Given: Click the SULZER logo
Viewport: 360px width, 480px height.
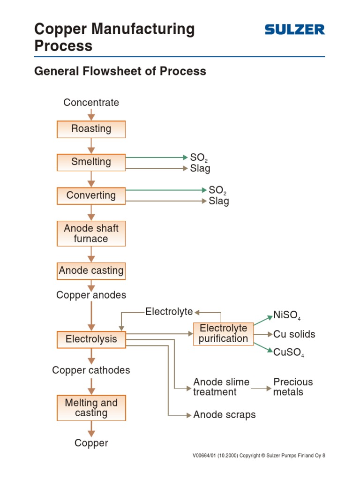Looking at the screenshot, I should (x=294, y=30).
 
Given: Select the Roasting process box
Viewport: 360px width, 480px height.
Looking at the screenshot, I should (x=91, y=129).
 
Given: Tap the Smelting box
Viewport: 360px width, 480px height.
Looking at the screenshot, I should (x=91, y=162).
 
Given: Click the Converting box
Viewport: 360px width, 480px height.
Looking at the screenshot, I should (x=91, y=195).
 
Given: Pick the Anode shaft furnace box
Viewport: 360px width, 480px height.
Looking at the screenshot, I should (x=91, y=233).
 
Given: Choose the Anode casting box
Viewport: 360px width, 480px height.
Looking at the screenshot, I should (x=91, y=270).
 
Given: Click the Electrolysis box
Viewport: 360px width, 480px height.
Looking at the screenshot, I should (x=91, y=339).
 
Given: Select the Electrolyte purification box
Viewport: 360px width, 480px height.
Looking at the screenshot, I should (x=223, y=333).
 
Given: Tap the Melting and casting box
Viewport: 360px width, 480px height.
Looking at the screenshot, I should (x=91, y=408).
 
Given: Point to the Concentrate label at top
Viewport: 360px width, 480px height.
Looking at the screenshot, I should (x=91, y=103).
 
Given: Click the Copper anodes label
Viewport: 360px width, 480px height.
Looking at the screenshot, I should (x=91, y=295).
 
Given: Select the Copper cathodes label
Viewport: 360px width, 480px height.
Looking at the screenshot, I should (x=91, y=370).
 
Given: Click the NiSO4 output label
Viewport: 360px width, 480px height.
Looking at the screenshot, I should (x=286, y=315).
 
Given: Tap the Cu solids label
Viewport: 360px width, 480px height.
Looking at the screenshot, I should (x=294, y=334).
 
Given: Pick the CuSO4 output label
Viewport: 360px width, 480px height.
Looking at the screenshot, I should (x=288, y=352).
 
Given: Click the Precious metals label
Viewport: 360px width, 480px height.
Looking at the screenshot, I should (x=292, y=387).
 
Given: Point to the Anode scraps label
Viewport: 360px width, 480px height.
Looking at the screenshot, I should (x=224, y=415).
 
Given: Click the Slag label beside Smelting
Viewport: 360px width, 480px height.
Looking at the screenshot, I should (x=200, y=168).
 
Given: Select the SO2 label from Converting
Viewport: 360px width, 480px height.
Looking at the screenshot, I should (x=218, y=190).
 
